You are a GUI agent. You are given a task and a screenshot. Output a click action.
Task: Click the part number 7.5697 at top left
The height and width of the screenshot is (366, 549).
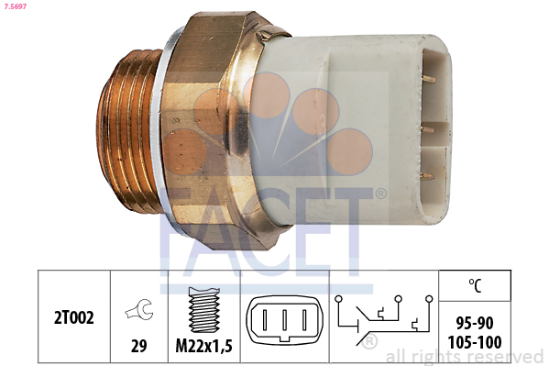pyautogui.click(x=16, y=6)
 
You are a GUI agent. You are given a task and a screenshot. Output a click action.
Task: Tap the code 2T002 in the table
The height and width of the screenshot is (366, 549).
pyautogui.click(x=74, y=318)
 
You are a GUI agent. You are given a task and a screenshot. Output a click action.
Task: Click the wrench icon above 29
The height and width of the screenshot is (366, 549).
pyautogui.click(x=139, y=310)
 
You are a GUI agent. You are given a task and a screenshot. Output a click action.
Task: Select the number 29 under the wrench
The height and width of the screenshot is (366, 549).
pyautogui.click(x=138, y=346)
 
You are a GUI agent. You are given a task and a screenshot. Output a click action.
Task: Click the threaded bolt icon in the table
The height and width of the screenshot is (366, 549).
pyautogui.click(x=204, y=309)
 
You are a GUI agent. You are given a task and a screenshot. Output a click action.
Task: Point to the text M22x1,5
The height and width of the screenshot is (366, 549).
pyautogui.click(x=203, y=347)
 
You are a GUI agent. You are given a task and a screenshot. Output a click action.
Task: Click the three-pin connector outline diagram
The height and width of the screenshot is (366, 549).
pyautogui.click(x=285, y=320)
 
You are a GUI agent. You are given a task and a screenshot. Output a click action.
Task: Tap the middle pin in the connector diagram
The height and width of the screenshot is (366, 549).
pyautogui.click(x=285, y=320)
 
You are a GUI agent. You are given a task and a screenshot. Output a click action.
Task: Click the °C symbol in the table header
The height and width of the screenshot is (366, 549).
pyautogui.click(x=475, y=285)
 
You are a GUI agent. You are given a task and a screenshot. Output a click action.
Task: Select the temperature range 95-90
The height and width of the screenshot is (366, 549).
pyautogui.click(x=475, y=323)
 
